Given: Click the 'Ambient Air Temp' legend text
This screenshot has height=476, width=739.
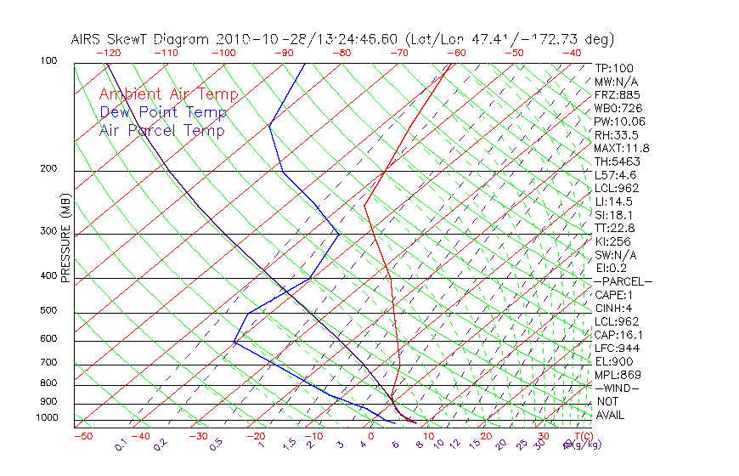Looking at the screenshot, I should pos(168,95).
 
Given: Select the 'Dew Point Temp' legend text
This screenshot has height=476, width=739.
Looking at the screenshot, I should pos(163,113).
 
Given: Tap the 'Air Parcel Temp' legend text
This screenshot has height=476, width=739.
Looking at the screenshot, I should pos(162,131).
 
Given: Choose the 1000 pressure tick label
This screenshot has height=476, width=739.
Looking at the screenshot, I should pos(49,418).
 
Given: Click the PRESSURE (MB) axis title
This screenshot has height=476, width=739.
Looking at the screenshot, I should pos(65,239).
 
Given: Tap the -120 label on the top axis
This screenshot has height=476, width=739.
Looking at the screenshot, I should pos(109,53).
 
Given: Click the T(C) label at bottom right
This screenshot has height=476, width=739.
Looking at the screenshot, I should pos(582,436).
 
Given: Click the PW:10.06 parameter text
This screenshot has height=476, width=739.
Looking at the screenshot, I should pos(620,122).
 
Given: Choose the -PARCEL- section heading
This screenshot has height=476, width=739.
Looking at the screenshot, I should pos(623,281).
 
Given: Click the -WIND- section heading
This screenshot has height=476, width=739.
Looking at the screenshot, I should pos(618,388).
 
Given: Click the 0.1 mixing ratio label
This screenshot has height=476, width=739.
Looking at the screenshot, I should pos(121,445).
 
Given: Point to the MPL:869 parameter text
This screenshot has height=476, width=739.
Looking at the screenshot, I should pos(618,374).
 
